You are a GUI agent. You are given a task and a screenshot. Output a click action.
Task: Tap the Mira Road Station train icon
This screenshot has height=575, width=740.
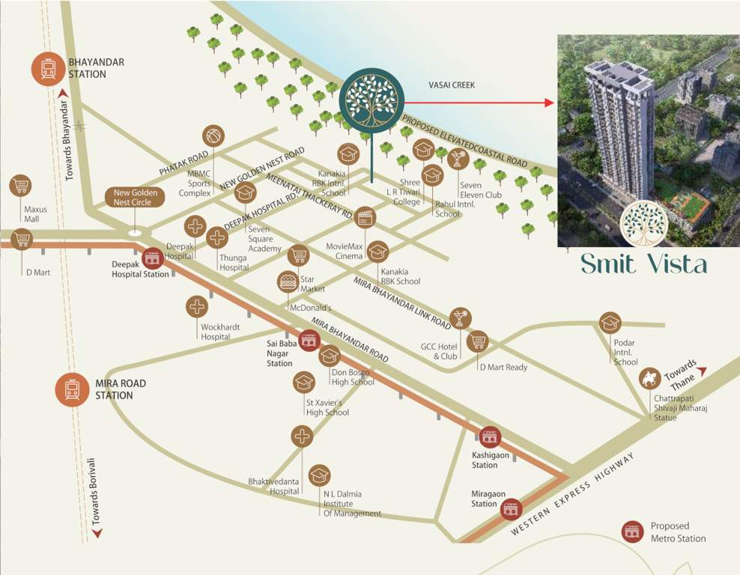tap(73, 389)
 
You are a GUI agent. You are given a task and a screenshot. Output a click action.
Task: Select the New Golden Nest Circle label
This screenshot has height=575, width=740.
tap(135, 198)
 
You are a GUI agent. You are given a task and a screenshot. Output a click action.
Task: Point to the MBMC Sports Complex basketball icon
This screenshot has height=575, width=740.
tap(213, 136)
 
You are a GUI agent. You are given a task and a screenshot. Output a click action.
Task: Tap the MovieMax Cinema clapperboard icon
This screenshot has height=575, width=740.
tap(365, 217)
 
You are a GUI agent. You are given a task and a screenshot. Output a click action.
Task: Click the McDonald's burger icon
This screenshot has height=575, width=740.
tap(288, 282)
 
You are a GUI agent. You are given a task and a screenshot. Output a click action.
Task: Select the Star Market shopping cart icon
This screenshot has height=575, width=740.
tap(298, 255)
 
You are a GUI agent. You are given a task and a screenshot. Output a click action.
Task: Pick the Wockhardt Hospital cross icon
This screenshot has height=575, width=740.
tap(197, 306)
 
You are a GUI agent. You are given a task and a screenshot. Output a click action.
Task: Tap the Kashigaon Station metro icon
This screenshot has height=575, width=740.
tap(490, 436)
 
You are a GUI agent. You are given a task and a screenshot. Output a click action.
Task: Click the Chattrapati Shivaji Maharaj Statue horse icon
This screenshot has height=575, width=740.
tap(649, 379)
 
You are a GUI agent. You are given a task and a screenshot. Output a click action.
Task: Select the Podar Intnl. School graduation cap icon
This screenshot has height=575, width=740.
tap(610, 323)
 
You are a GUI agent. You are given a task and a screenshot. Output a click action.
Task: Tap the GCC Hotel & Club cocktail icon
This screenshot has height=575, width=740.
tap(461, 318)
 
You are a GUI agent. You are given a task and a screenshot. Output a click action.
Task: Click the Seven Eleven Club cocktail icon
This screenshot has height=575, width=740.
tap(457, 159)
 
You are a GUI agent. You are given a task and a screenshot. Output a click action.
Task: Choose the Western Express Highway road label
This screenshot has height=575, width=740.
tap(577, 494)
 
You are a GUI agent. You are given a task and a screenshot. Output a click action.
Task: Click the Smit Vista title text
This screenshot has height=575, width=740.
tap(643, 264)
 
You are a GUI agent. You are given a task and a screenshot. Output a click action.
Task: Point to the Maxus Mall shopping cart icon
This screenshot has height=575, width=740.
tap(20, 186)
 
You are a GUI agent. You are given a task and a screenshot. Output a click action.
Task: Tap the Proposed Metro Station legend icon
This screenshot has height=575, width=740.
tap(634, 532)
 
